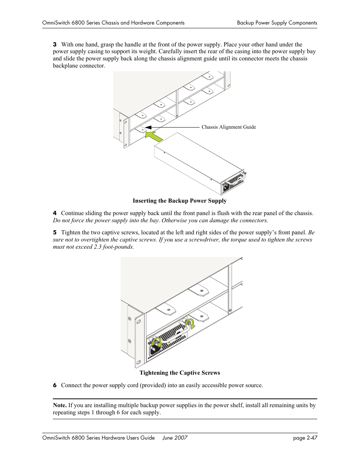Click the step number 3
pos(55,45)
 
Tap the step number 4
pos(55,213)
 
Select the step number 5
pos(55,232)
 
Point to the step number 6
pos(55,385)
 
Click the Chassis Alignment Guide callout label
pos(228,127)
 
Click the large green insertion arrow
pos(154,136)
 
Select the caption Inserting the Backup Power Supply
pos(180,201)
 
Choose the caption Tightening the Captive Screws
pos(180,373)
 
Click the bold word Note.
pos(60,405)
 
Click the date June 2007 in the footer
pos(175,438)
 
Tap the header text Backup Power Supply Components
pos(277,23)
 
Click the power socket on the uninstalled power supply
pos(226,187)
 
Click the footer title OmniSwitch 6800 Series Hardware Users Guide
pos(98,438)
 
